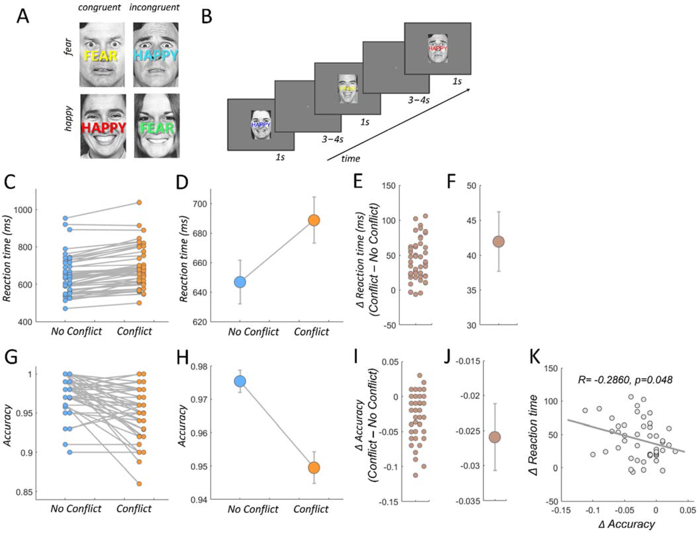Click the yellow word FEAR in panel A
101,56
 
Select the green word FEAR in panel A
157,128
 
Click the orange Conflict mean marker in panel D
314,220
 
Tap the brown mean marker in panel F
499,241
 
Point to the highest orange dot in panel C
139,202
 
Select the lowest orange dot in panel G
139,484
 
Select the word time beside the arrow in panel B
351,159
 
